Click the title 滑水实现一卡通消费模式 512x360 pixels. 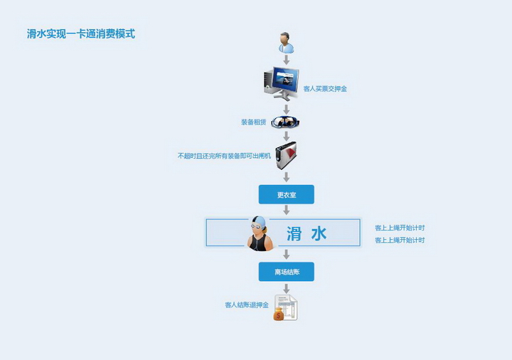pos(80,33)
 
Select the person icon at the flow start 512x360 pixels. pos(286,43)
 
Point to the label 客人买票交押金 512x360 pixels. pos(325,89)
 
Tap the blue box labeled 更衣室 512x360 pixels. pos(286,194)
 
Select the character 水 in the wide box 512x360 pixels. pos(319,233)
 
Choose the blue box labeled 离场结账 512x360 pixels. pos(286,272)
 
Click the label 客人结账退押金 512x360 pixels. pos(247,305)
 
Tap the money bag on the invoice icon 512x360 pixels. pos(279,314)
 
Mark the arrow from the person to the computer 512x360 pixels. pos(286,60)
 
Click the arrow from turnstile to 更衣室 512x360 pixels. pos(286,176)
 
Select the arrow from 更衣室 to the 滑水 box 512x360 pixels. pos(286,211)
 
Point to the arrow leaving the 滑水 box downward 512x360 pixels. pos(286,254)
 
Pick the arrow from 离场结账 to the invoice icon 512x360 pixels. pos(286,288)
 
